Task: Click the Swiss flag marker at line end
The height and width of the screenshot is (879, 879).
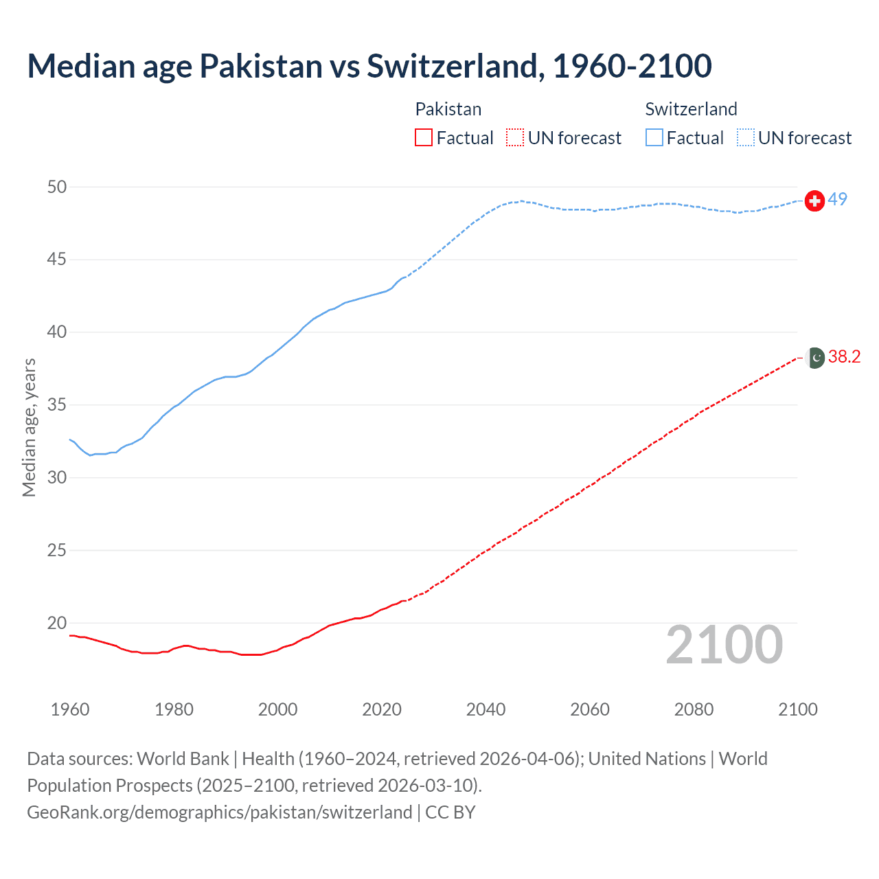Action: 814,201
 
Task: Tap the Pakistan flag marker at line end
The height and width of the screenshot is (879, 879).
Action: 815,358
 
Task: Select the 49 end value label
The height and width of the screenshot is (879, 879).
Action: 838,200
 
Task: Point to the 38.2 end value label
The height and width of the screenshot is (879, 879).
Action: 845,357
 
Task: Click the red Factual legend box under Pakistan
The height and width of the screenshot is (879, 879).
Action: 424,138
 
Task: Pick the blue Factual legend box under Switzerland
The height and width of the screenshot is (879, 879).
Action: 654,138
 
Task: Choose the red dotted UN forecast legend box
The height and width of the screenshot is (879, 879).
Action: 515,138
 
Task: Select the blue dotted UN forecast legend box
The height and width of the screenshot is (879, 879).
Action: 745,138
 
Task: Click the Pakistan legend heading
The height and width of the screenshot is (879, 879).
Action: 448,109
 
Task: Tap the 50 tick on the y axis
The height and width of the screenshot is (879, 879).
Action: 58,187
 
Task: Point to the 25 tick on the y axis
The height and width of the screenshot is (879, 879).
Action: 58,550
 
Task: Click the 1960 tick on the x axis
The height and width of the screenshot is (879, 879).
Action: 70,709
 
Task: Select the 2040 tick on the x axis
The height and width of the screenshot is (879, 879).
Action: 486,709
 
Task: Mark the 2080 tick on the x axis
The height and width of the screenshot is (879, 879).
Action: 694,709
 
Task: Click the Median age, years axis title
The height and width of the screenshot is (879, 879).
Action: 29,427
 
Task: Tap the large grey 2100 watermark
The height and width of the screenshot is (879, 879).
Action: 724,645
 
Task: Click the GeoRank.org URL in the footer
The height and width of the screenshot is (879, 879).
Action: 219,812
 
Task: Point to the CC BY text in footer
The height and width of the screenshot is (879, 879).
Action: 450,812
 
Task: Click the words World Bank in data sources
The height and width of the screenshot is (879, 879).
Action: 183,759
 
